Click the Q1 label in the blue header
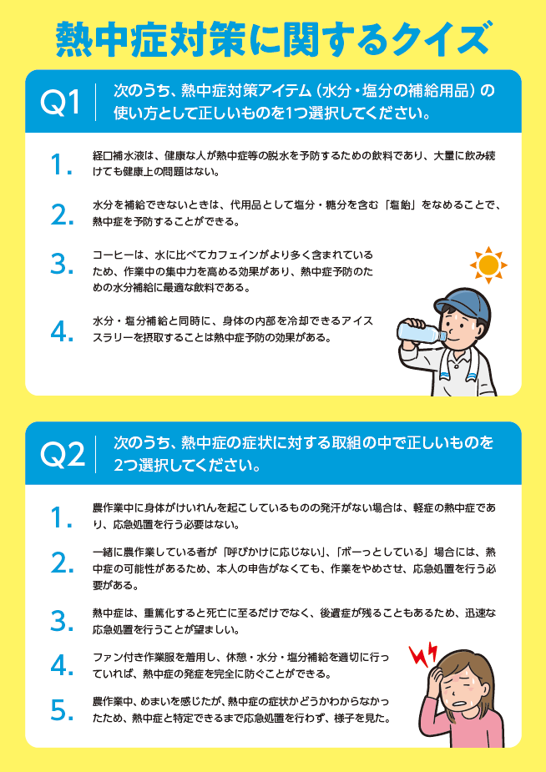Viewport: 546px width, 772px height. pos(59,102)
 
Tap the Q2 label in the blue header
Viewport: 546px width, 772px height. pos(62,453)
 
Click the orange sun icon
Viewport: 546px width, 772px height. pos(488,265)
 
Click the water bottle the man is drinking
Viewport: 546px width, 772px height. pos(421,330)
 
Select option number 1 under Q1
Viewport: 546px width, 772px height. pos(61,164)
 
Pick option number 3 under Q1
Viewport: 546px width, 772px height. pos(62,265)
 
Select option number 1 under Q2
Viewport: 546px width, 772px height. pos(61,517)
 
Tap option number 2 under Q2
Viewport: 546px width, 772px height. pos(62,563)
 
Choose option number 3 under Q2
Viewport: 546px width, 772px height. pos(62,621)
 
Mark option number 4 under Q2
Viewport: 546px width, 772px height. pos(62,666)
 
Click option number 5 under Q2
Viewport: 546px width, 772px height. pos(62,710)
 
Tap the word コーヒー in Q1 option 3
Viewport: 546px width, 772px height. pos(109,255)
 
